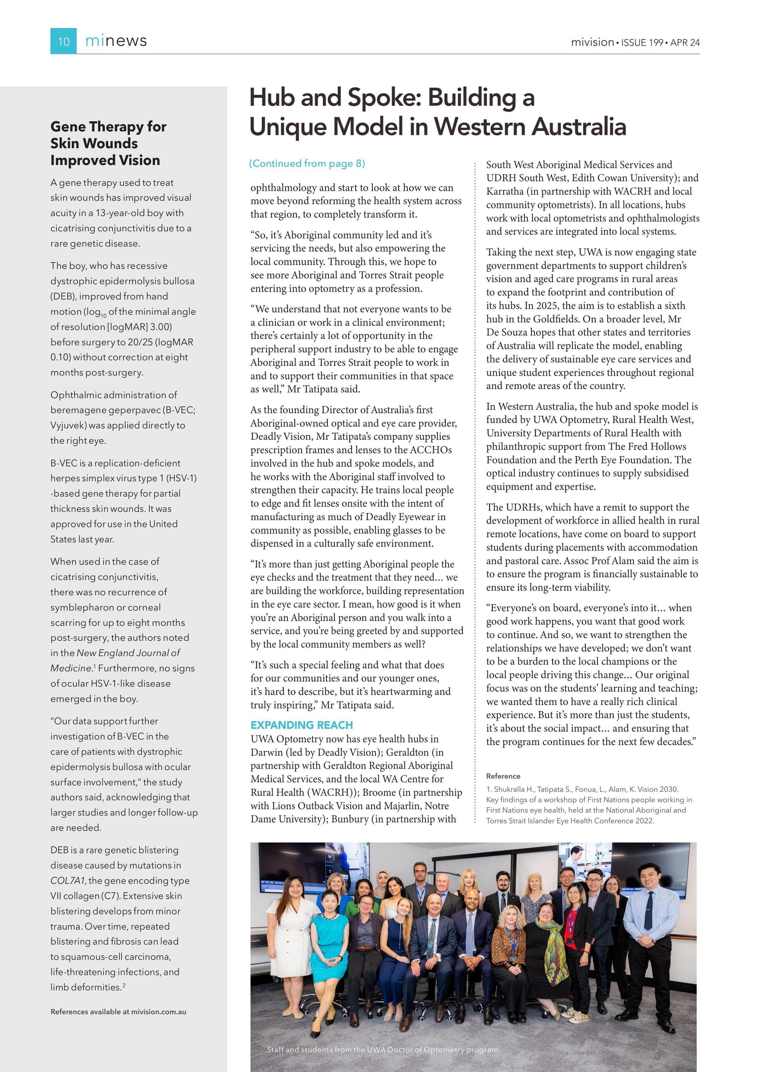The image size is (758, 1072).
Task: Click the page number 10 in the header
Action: point(63,42)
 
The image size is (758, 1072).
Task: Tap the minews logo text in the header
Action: point(116,41)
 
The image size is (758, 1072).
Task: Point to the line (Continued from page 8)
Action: point(307,163)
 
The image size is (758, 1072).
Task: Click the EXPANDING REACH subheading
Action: point(302,725)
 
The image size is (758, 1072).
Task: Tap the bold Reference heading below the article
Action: point(503,776)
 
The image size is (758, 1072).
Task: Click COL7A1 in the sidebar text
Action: point(68,881)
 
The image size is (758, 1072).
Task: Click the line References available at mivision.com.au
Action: point(118,1012)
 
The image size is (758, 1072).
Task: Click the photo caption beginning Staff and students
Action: point(383,1050)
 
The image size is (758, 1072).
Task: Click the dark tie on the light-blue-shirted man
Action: point(648,911)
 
